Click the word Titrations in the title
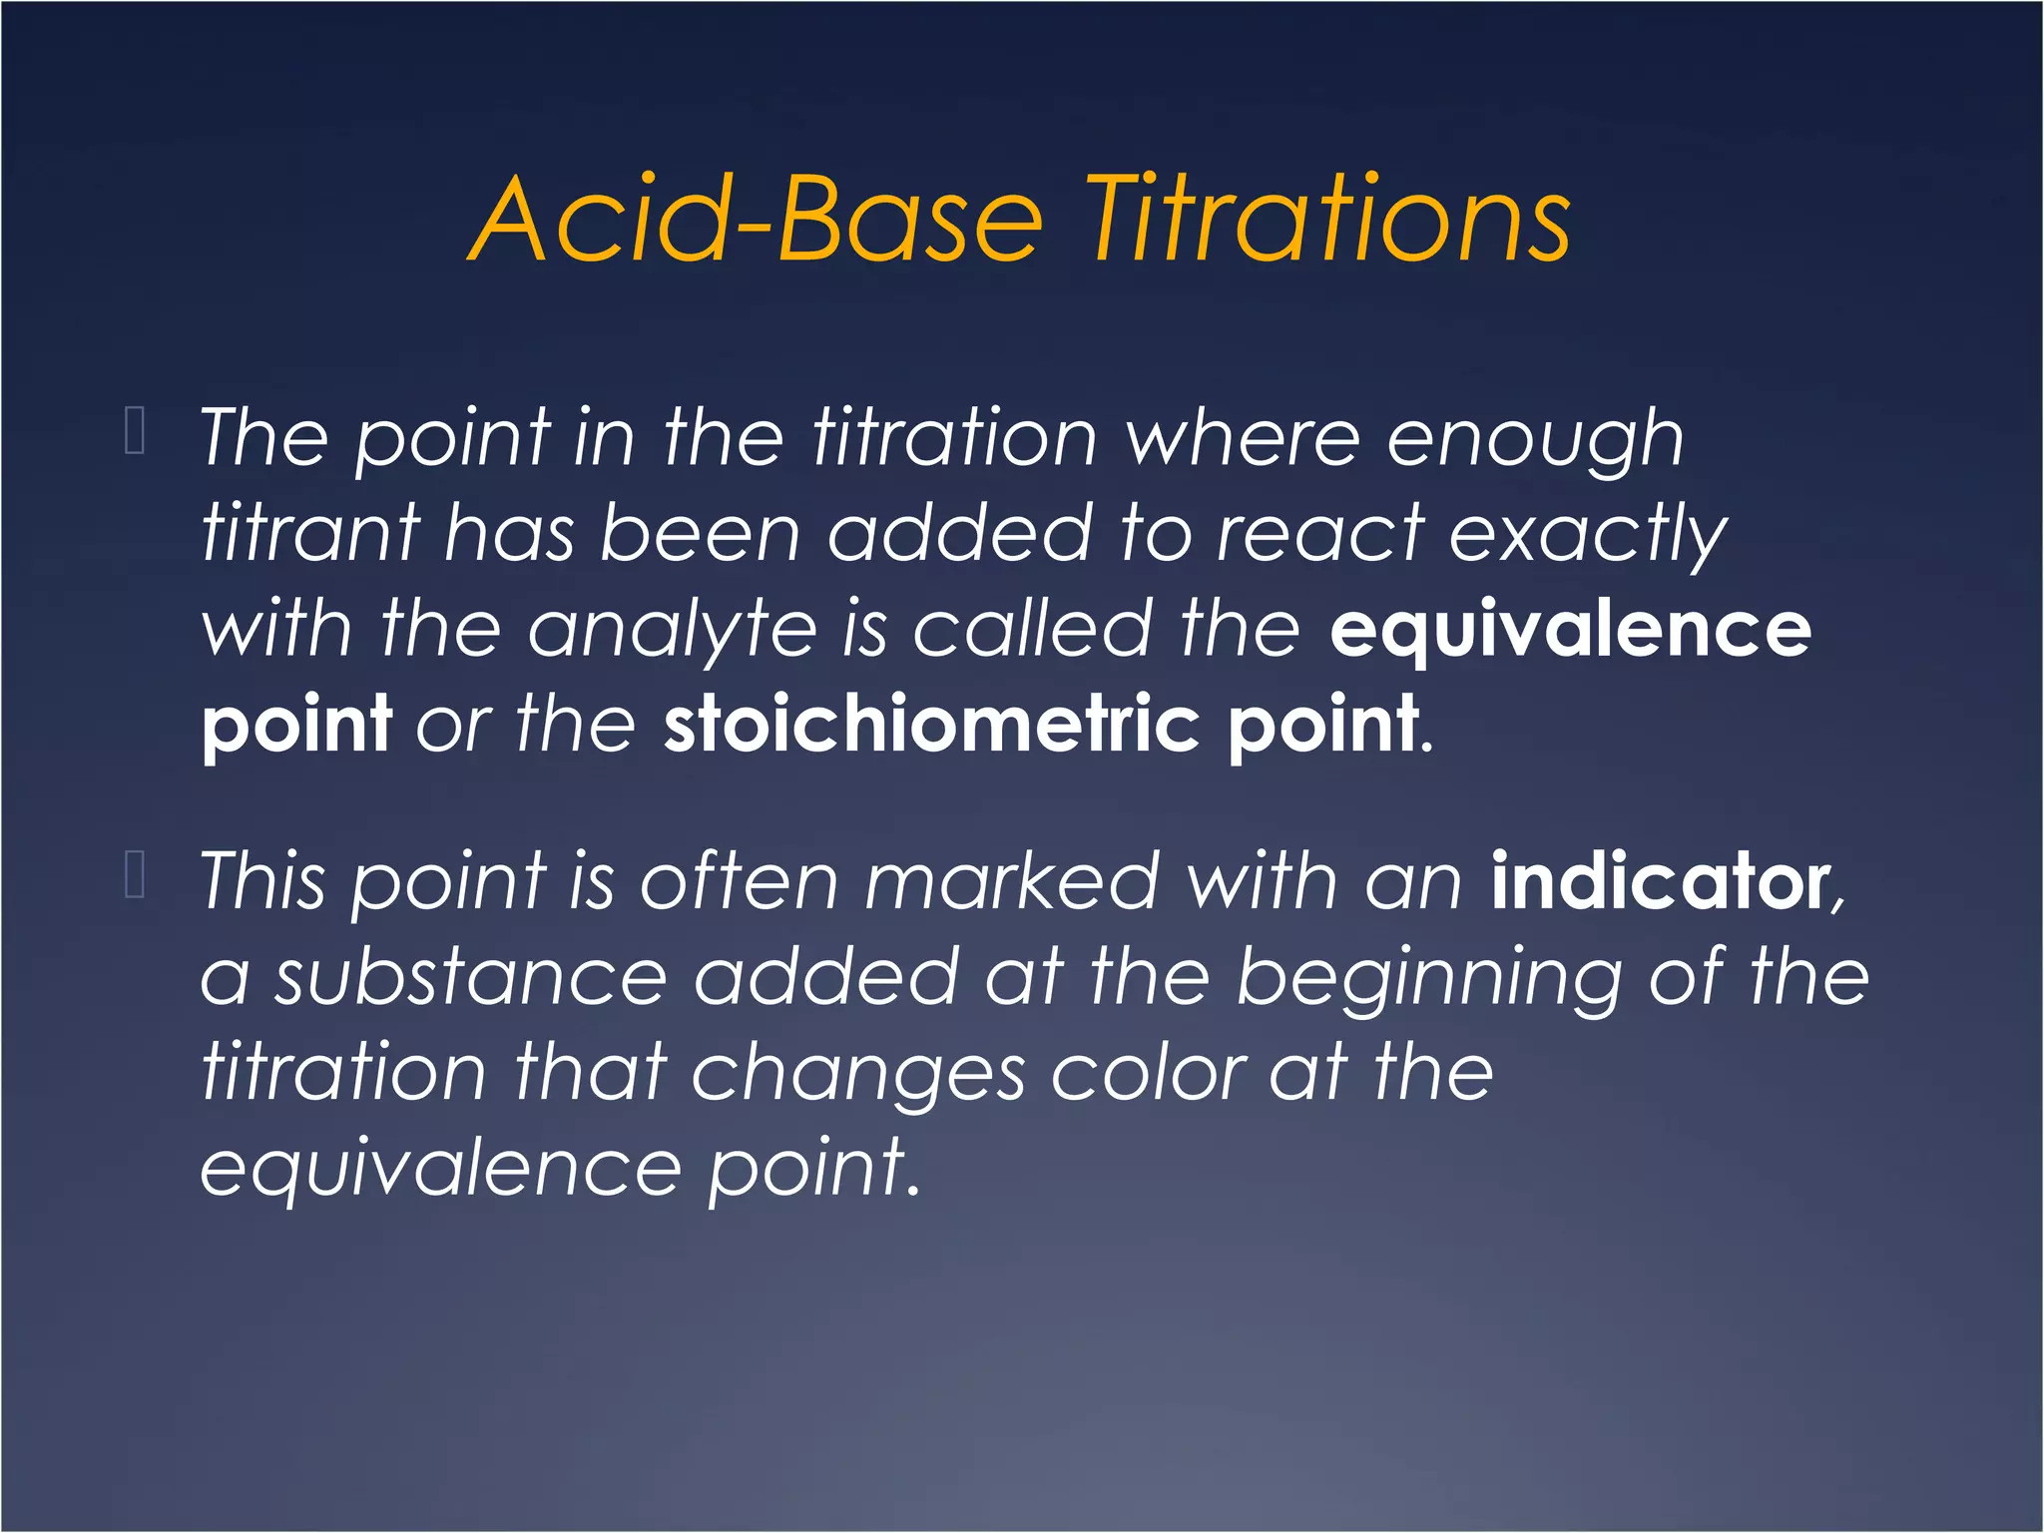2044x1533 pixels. click(1327, 219)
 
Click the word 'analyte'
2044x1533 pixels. click(672, 631)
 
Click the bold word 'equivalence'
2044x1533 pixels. click(1570, 631)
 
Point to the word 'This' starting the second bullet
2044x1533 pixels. click(262, 880)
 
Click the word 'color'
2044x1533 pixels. click(1148, 1074)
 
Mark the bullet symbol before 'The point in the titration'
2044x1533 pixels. click(135, 430)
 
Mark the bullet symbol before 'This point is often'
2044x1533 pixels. click(135, 874)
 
